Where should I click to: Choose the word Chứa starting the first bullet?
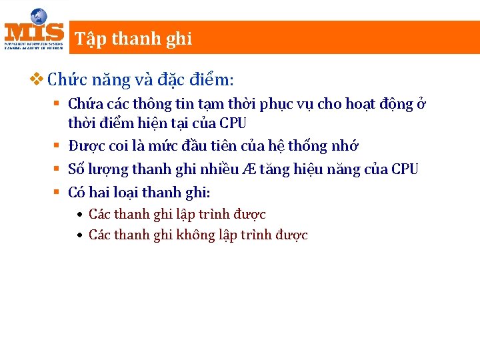83,105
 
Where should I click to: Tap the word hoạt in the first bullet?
341,105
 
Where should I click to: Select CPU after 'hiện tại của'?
233,124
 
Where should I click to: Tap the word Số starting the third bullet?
77,169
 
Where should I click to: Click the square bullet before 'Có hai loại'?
57,193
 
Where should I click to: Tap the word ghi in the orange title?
179,39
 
